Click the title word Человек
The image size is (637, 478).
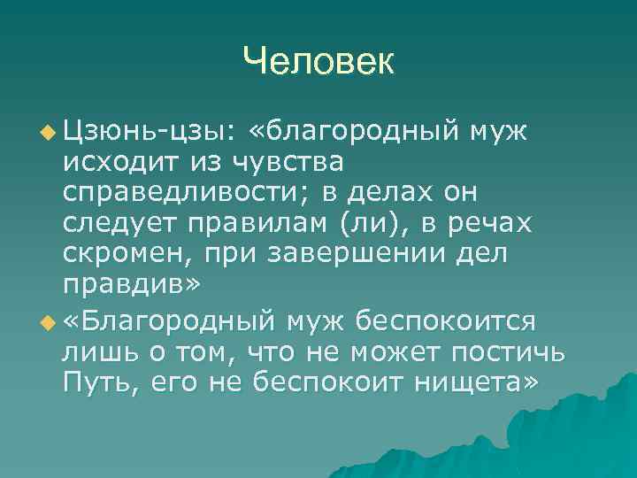coord(318,61)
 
